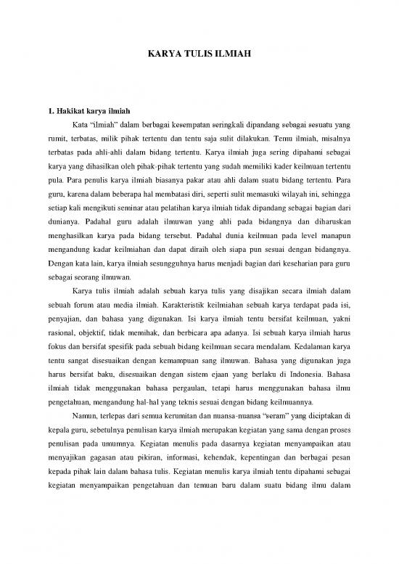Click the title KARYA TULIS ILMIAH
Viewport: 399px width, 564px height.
pyautogui.click(x=199, y=54)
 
